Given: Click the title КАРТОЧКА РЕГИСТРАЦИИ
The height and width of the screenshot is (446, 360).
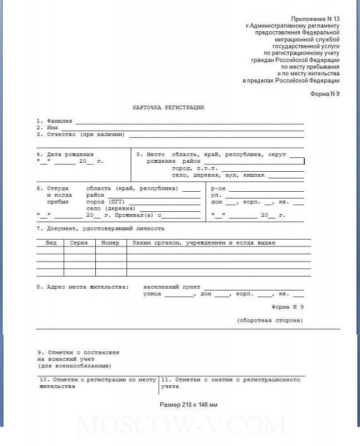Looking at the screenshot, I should [x=168, y=106].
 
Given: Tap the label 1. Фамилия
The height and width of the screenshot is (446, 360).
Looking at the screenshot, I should [x=55, y=120].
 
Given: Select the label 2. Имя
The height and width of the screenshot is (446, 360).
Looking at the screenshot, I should [x=47, y=127].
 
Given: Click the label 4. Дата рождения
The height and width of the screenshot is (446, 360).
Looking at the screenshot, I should [x=65, y=154].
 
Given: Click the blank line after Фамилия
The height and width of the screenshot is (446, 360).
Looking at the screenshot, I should [x=189, y=121].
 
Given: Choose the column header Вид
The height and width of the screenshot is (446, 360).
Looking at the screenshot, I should [x=50, y=243].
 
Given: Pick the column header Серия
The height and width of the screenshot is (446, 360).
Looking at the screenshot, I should [x=79, y=243].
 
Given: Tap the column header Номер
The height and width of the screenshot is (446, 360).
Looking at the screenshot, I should [x=110, y=243].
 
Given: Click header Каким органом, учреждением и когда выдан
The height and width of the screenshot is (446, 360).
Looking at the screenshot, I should [x=203, y=243].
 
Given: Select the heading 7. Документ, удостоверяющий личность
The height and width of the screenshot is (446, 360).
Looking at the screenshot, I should [x=100, y=229].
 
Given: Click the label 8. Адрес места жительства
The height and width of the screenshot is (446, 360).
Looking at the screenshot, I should [x=82, y=286].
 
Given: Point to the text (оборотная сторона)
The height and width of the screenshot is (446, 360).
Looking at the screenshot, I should [x=270, y=321].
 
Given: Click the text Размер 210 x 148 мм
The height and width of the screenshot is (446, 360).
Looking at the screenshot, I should [x=188, y=404].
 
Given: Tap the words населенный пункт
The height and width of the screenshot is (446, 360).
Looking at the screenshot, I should [x=167, y=286].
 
